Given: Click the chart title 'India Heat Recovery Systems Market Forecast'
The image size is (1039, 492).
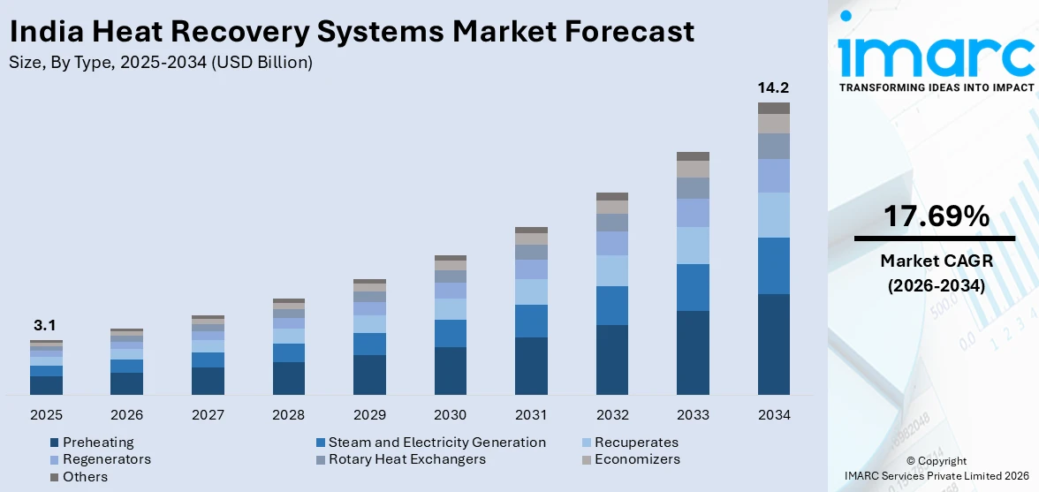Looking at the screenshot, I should pyautogui.click(x=351, y=31).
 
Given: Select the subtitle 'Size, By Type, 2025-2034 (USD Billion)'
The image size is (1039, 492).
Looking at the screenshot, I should pyautogui.click(x=160, y=63).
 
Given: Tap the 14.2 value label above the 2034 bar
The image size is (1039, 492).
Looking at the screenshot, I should pyautogui.click(x=773, y=87).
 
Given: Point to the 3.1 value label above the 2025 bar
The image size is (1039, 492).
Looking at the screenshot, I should pyautogui.click(x=45, y=325).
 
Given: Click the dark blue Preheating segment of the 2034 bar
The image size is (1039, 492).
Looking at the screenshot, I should pyautogui.click(x=773, y=344).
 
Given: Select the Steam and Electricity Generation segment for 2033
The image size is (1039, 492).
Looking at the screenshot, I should pyautogui.click(x=693, y=287).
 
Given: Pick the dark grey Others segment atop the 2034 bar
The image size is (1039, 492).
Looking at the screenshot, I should pyautogui.click(x=773, y=108).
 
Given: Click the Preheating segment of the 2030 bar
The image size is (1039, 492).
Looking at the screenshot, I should pyautogui.click(x=450, y=370).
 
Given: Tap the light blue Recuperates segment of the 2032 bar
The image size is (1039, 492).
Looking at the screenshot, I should pyautogui.click(x=611, y=270).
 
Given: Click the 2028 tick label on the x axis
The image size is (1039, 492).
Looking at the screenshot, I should pyautogui.click(x=288, y=415).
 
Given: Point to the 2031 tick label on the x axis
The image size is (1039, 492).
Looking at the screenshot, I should pyautogui.click(x=531, y=415).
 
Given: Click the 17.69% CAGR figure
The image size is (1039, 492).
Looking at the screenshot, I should pyautogui.click(x=935, y=216).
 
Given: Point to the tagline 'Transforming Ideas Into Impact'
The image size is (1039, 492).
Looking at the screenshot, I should pyautogui.click(x=936, y=87).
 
